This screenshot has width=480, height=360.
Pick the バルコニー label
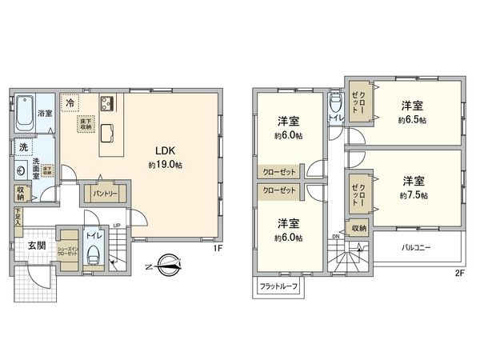pos(416,247)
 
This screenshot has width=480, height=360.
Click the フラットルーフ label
pos(278,286)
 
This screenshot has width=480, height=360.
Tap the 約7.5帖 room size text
pos(414,195)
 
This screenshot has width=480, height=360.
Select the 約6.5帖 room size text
pos(413,120)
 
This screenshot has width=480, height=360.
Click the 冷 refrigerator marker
pos(71,103)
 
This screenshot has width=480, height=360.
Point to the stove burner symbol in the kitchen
pos(109,103)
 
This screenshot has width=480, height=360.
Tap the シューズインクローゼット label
pos(67,250)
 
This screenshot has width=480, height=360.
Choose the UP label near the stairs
pos(118,226)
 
